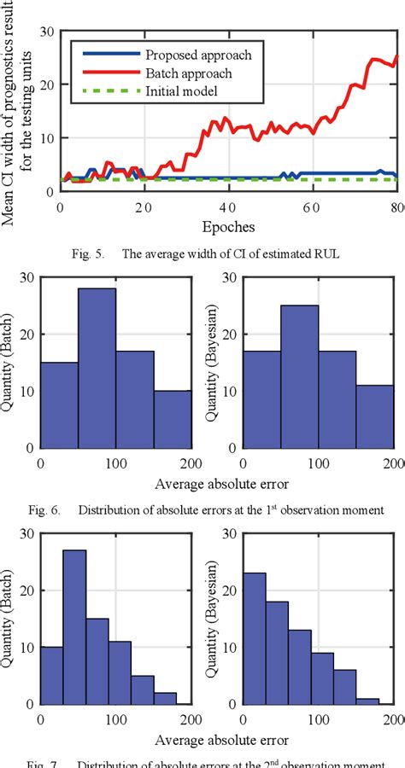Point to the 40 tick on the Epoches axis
[227, 208]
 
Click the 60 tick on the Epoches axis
[311, 208]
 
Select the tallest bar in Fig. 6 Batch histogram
[97, 367]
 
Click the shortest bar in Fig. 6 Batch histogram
[172, 418]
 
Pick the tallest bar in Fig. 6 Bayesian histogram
[299, 375]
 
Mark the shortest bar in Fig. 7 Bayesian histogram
[369, 701]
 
